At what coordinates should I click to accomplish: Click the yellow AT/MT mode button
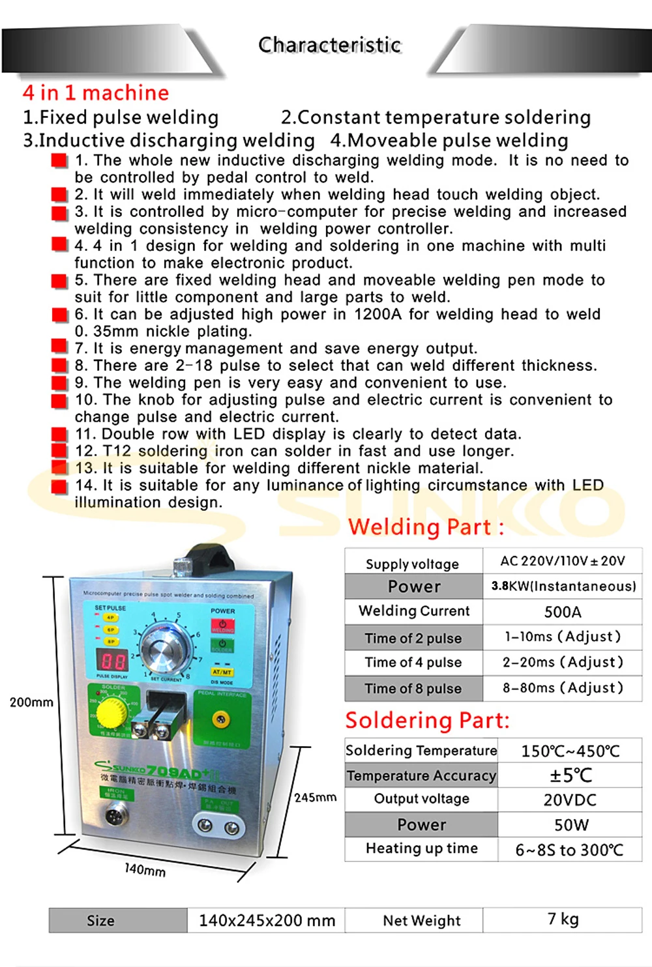[x=222, y=672]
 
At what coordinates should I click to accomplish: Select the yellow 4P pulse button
[x=111, y=618]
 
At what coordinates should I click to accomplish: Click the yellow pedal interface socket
[x=221, y=719]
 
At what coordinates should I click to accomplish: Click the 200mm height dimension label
[x=31, y=702]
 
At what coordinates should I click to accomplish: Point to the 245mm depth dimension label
[x=315, y=798]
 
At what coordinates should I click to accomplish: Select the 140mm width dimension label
[x=145, y=870]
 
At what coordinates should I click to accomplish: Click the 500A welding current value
[x=563, y=612]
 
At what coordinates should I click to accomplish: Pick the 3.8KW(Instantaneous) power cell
[x=563, y=586]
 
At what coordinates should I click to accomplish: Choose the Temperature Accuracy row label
[x=421, y=775]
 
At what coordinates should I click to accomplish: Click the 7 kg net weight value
[x=563, y=919]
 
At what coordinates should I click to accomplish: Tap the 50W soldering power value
[x=571, y=825]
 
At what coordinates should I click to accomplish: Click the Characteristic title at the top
[x=329, y=45]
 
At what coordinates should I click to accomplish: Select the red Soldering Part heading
[x=427, y=721]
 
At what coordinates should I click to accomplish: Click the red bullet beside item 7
[x=59, y=347]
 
